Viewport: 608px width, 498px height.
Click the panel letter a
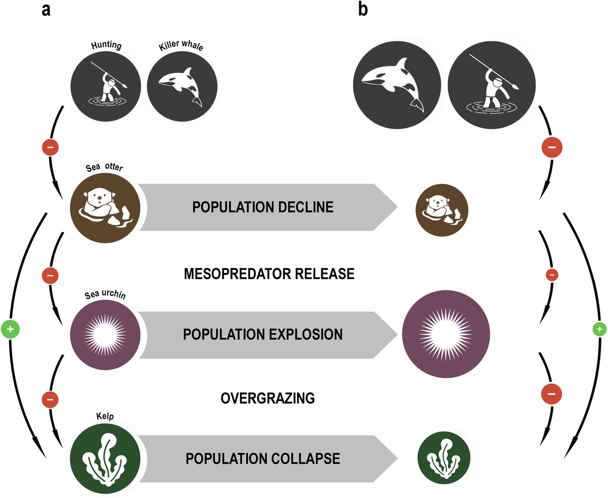[x=46, y=9]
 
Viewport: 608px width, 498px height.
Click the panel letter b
[x=363, y=9]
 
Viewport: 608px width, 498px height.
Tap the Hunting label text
[x=106, y=45]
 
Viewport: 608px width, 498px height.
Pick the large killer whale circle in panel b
[x=397, y=85]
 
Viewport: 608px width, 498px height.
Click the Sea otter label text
[x=104, y=167]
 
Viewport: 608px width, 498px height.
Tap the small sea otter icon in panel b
[x=442, y=210]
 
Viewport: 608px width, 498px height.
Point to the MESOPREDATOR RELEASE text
[x=269, y=274]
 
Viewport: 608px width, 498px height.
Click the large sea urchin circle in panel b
[x=446, y=334]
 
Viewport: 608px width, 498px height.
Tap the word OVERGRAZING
[x=268, y=398]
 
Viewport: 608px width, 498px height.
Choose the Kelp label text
[x=105, y=416]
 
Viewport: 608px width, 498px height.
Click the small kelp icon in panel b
[x=444, y=458]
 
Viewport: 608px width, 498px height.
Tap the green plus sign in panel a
[x=10, y=330]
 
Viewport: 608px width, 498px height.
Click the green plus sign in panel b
[x=599, y=330]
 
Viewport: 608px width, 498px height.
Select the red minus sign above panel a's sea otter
[x=50, y=147]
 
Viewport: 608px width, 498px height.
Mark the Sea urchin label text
[x=105, y=294]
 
